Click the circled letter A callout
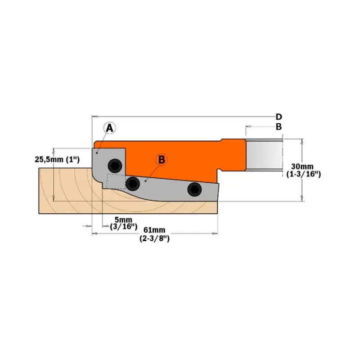[x=109, y=128]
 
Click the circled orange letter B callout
[x=162, y=160]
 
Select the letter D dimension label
[x=279, y=117]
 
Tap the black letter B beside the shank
[x=279, y=127]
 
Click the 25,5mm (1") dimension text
[x=57, y=159]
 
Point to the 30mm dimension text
[x=302, y=166]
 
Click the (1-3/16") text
[x=303, y=174]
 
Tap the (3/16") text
[x=123, y=227]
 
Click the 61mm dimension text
[x=154, y=230]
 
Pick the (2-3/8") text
[x=154, y=238]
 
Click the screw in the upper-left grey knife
[x=115, y=165]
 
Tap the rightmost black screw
[x=194, y=189]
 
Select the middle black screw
[x=133, y=184]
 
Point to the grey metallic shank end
[x=264, y=155]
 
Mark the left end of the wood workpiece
[x=39, y=190]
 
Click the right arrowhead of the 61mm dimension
[x=215, y=234]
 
